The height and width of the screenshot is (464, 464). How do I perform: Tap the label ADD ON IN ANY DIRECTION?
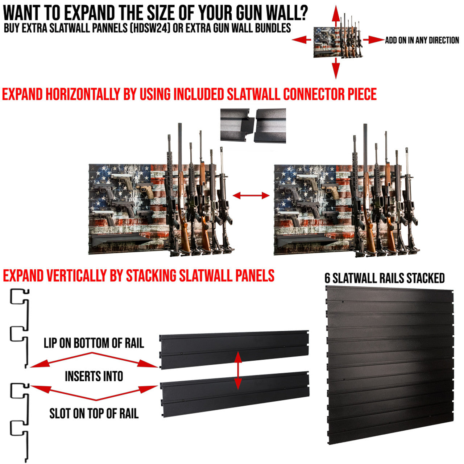click(x=422, y=40)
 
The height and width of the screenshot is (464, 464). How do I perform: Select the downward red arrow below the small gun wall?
click(x=336, y=69)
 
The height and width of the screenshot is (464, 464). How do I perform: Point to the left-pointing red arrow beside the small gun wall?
click(x=302, y=40)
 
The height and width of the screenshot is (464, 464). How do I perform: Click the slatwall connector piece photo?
click(x=253, y=125)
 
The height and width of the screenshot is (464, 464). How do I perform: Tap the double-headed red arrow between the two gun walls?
click(x=251, y=196)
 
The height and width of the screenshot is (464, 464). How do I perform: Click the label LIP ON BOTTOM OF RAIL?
click(x=94, y=343)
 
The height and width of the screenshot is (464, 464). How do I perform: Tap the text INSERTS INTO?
click(x=94, y=376)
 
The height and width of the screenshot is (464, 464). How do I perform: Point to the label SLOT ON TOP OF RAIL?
click(x=94, y=413)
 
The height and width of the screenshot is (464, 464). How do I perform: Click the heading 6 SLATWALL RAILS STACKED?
click(x=385, y=278)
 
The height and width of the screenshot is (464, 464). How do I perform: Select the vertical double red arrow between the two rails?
click(x=238, y=370)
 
